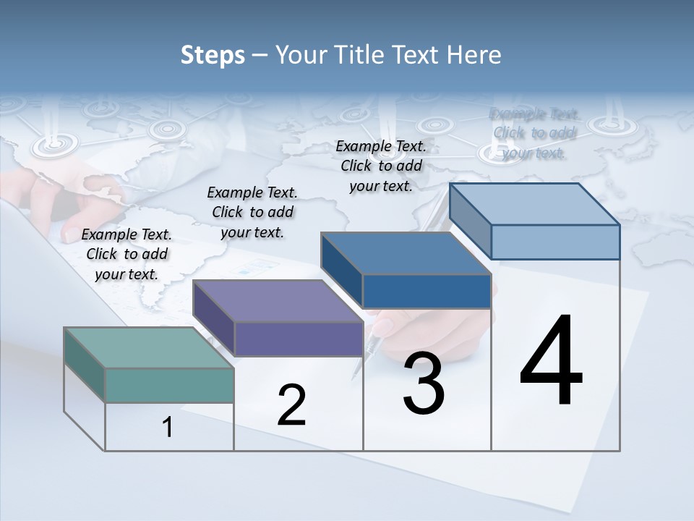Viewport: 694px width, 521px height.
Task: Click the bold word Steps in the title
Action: [x=213, y=55]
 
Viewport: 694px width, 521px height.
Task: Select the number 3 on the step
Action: [x=423, y=384]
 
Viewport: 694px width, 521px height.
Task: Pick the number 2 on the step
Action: [x=291, y=405]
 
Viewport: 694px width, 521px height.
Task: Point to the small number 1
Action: [x=168, y=428]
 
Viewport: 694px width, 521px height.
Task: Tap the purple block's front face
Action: [x=299, y=339]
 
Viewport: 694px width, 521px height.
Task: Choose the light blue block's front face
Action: [x=555, y=242]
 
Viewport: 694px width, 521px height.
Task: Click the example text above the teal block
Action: [x=127, y=254]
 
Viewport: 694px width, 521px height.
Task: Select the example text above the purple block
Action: [x=252, y=212]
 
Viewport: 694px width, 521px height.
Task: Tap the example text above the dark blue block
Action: [x=381, y=166]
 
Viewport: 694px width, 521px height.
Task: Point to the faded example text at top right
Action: [x=534, y=133]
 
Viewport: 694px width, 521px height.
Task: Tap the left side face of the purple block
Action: [x=214, y=317]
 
